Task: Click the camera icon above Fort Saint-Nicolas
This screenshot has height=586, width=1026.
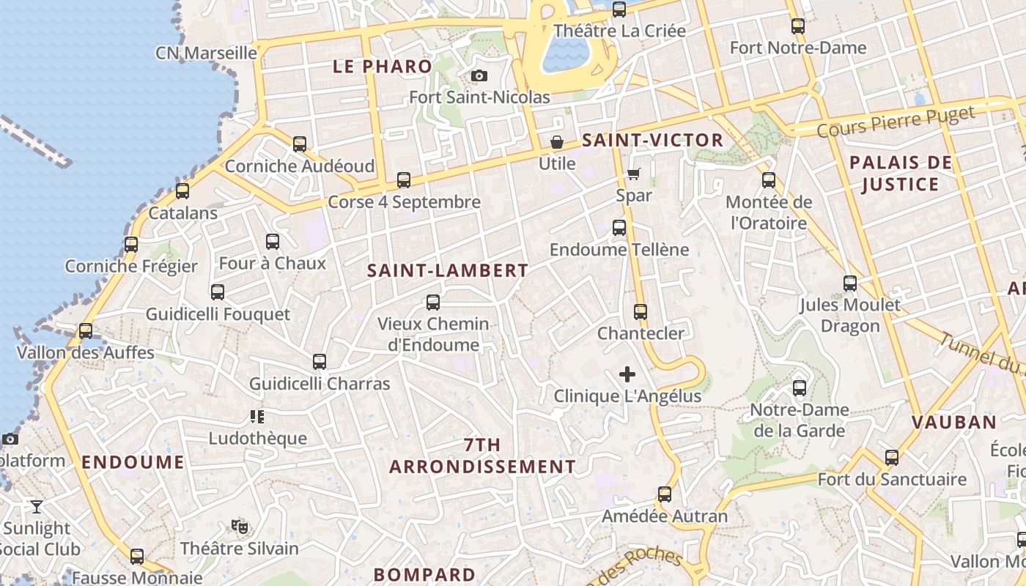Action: point(479,76)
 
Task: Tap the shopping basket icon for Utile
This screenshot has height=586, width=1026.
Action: point(557,141)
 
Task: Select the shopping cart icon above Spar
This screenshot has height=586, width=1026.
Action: point(633,174)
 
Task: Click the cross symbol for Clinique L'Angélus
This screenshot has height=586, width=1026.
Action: point(627,374)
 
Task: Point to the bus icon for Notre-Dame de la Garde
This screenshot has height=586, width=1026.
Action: point(800,387)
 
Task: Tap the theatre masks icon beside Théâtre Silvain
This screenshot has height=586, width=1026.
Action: point(239,526)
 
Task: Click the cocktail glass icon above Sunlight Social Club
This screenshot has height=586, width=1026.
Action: point(36,506)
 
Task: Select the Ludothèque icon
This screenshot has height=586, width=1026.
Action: point(257,417)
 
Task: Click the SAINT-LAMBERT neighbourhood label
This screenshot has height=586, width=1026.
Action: point(447,270)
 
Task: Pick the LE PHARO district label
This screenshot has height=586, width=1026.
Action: point(383,67)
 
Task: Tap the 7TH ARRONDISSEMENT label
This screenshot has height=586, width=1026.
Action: point(482,456)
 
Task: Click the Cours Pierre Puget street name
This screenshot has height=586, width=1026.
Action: point(896,122)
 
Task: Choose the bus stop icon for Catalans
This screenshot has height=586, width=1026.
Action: point(182,191)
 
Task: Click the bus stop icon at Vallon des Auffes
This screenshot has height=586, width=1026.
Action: point(86,330)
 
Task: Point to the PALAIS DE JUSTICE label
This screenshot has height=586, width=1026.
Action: point(901,173)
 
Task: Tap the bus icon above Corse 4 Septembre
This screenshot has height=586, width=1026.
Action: point(403,179)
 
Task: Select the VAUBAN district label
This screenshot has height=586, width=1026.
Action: point(954,422)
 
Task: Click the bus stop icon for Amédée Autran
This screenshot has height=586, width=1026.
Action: point(665,494)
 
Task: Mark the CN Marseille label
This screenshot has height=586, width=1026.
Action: point(206,53)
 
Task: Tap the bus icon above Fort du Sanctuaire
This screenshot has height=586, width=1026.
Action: point(892,458)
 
